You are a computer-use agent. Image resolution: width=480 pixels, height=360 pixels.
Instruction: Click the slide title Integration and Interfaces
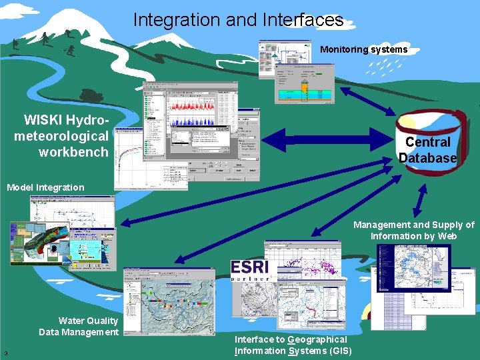(238, 20)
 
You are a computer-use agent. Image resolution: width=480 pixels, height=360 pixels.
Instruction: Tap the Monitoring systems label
(363, 49)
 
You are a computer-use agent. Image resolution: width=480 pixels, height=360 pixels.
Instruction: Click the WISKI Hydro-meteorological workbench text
(62, 136)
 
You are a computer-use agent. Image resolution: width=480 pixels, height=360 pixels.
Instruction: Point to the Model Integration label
(45, 187)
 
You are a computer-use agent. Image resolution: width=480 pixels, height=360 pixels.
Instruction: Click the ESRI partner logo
(251, 271)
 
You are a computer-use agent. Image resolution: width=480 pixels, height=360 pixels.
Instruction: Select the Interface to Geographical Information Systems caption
(291, 345)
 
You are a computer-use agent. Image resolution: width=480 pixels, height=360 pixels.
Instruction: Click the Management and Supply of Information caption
(413, 231)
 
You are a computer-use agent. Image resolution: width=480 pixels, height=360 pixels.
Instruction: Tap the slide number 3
(5, 353)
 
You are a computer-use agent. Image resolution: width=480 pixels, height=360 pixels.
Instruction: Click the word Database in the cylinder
(428, 158)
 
